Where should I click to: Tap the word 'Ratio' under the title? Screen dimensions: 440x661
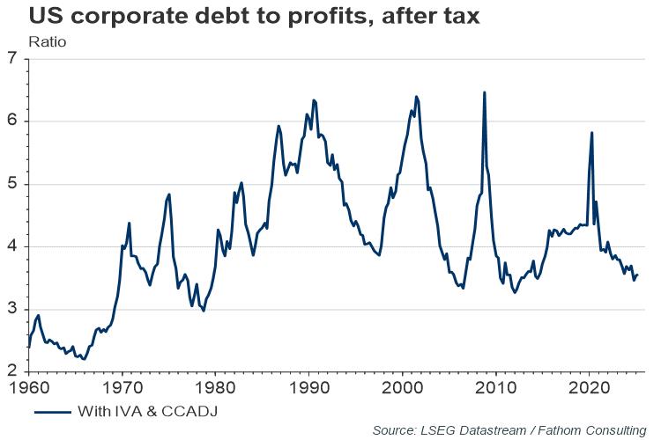click(46, 40)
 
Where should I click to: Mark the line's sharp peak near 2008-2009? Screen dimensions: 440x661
click(484, 92)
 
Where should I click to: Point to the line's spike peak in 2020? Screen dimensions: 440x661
click(591, 133)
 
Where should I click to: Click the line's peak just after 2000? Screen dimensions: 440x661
click(416, 97)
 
